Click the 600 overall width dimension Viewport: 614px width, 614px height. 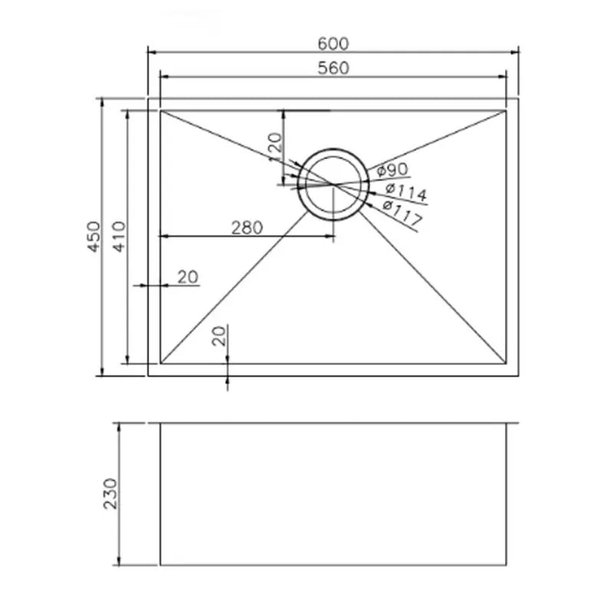pyautogui.click(x=333, y=44)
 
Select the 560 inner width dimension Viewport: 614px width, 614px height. pyautogui.click(x=333, y=68)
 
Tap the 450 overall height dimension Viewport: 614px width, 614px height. pyautogui.click(x=94, y=236)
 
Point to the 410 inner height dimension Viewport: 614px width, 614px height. pyautogui.click(x=119, y=236)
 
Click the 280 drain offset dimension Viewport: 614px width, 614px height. pyautogui.click(x=246, y=227)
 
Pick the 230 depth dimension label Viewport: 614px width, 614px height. pyautogui.click(x=110, y=494)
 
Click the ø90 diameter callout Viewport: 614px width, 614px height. pyautogui.click(x=392, y=170)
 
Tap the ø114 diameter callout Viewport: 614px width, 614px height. pyautogui.click(x=406, y=191)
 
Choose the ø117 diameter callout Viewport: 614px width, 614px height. pyautogui.click(x=402, y=214)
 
